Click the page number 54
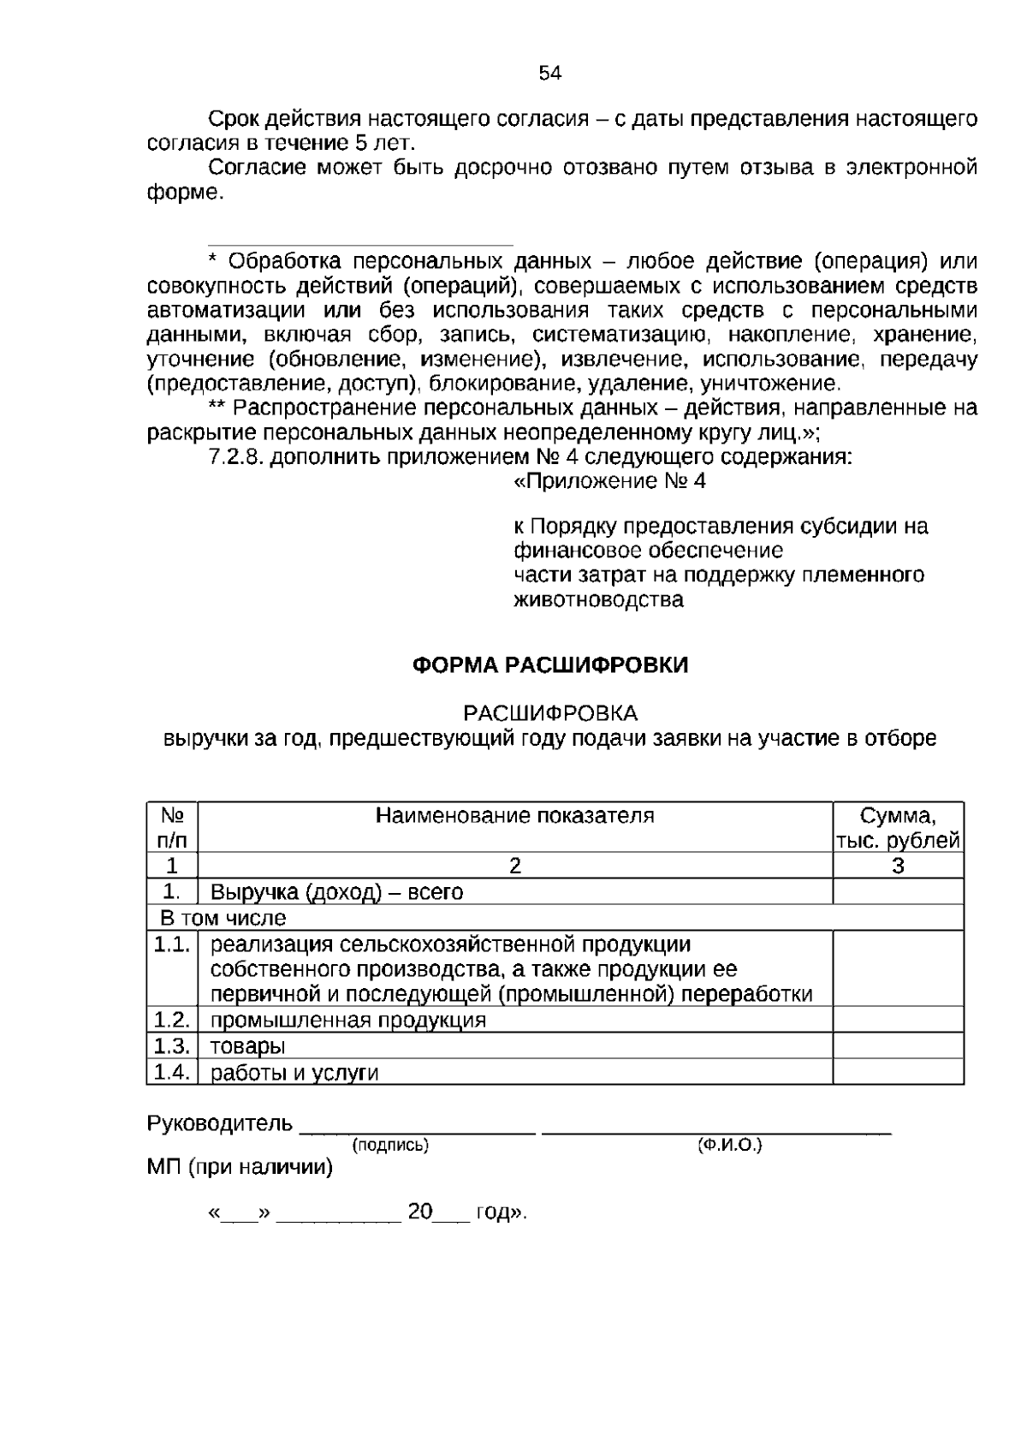[x=550, y=74]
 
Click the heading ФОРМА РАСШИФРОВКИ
[x=550, y=665]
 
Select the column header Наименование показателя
[x=515, y=815]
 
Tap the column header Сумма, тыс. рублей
[x=898, y=827]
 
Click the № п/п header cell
[x=172, y=827]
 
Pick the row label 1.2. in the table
[x=171, y=1020]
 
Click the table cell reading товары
[x=248, y=1046]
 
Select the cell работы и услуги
[x=294, y=1073]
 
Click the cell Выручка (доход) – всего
[x=336, y=892]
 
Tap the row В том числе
[x=223, y=919]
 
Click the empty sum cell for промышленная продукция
[x=898, y=1020]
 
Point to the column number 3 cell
[x=898, y=866]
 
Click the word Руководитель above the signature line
[x=220, y=1123]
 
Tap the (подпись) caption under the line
[x=390, y=1145]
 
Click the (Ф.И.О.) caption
[x=729, y=1145]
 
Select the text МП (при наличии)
[x=240, y=1167]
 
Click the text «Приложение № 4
[x=609, y=481]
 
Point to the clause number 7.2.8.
[x=236, y=457]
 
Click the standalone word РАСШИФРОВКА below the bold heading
[x=550, y=713]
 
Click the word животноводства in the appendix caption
[x=598, y=599]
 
